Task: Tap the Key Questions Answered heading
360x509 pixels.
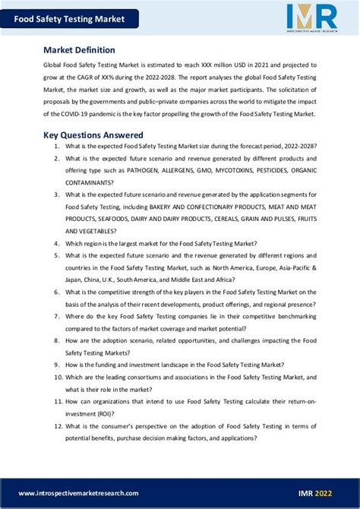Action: tap(93, 134)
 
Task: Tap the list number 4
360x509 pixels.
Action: tap(57, 243)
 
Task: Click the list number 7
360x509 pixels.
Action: tap(57, 316)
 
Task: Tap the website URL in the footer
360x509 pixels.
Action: tap(79, 493)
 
